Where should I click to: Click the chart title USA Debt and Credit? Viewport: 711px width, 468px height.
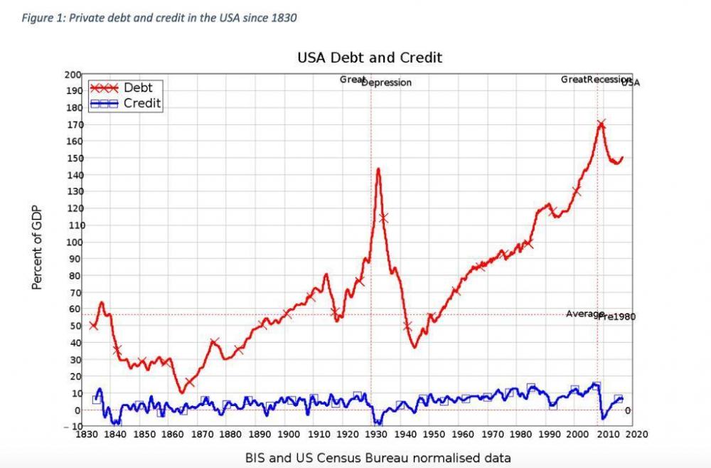tap(370, 57)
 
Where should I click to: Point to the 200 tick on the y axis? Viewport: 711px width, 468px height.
tap(73, 74)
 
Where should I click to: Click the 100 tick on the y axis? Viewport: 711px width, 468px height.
tap(73, 243)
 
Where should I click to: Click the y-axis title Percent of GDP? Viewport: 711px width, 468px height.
tap(37, 248)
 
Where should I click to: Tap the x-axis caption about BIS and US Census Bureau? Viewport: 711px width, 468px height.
tap(378, 457)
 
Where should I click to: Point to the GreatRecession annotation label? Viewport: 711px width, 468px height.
tap(596, 80)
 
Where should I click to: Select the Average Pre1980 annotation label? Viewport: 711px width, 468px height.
tap(600, 315)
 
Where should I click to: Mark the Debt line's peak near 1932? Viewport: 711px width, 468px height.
tap(378, 169)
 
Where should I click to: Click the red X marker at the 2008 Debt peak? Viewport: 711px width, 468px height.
tap(602, 124)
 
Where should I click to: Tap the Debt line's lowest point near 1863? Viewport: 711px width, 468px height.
tap(182, 392)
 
